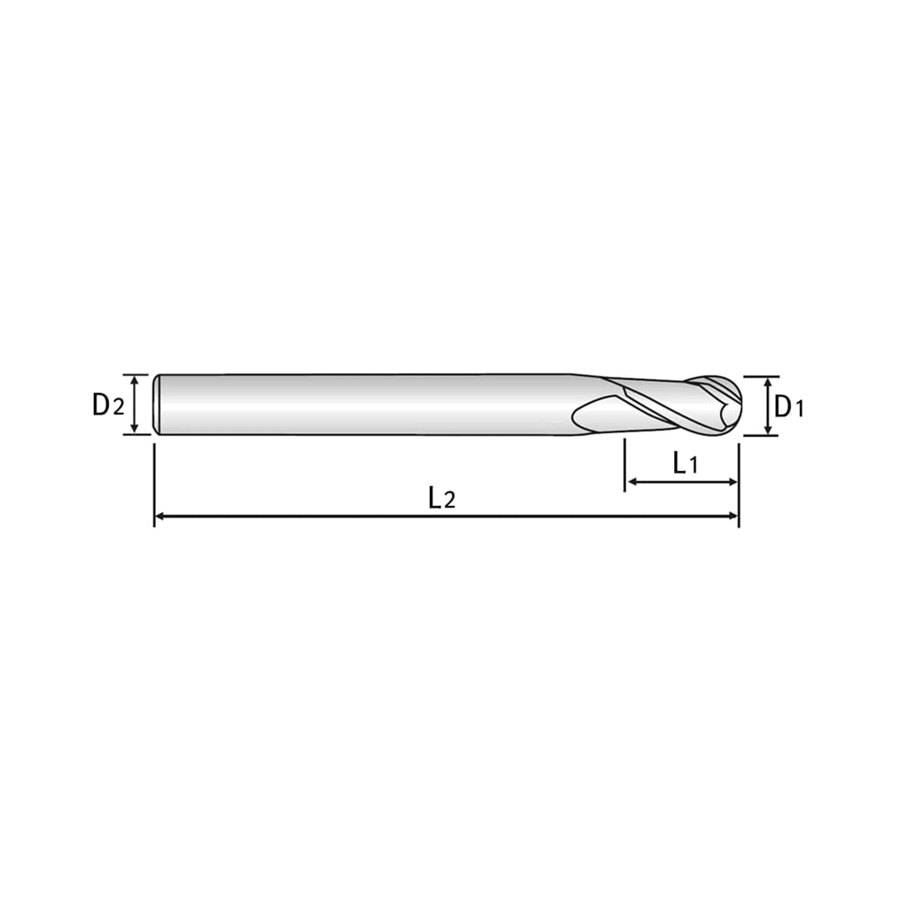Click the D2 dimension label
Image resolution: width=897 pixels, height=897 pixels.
click(x=109, y=405)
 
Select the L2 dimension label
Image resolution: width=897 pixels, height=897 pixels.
click(x=441, y=497)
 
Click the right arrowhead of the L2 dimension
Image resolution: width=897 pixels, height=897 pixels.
click(x=733, y=516)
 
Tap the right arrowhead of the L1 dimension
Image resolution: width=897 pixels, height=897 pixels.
click(x=733, y=482)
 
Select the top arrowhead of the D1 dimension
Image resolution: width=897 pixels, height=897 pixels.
click(x=767, y=382)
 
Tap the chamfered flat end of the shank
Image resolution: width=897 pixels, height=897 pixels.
click(x=156, y=405)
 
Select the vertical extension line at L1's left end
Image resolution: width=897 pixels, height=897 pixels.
click(x=625, y=465)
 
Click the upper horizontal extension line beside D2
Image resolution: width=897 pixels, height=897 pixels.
click(x=135, y=374)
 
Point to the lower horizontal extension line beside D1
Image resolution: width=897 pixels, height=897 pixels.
click(x=761, y=435)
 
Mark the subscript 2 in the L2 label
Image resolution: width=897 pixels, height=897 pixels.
click(x=449, y=501)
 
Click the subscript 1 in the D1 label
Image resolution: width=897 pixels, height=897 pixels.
click(x=799, y=409)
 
